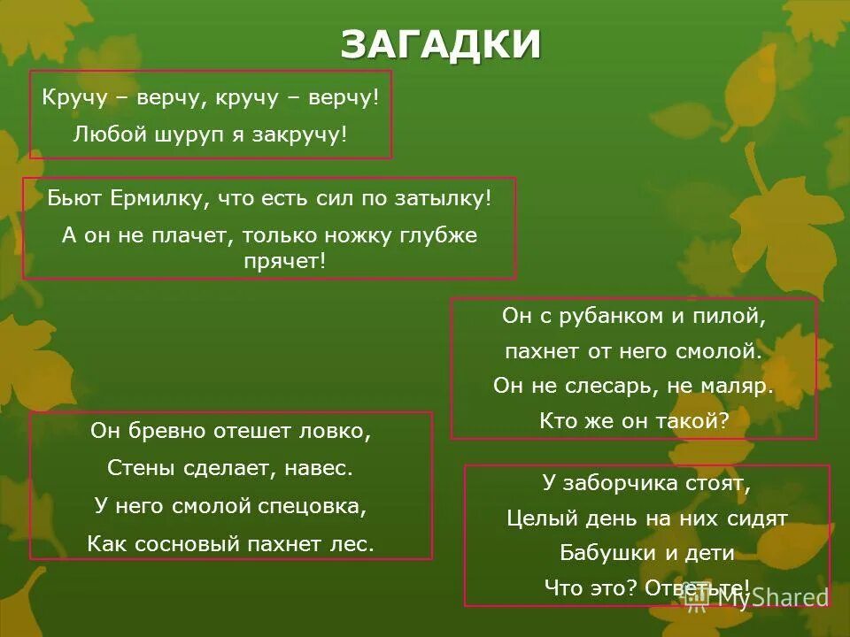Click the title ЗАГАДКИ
440,44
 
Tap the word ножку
390,236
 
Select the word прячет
284,260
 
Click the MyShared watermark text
770,597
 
